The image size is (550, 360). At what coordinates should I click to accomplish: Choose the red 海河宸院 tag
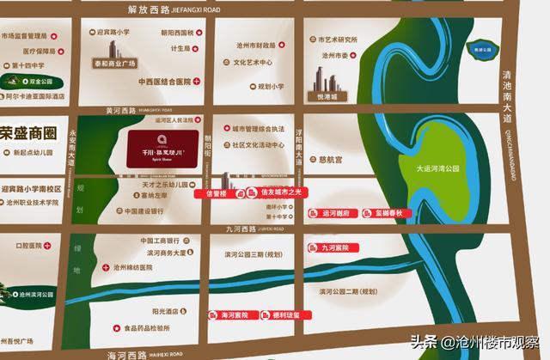[x=230, y=314]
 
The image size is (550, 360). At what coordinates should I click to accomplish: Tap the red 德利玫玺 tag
[x=282, y=314]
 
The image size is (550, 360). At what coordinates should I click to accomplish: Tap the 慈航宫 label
[x=329, y=160]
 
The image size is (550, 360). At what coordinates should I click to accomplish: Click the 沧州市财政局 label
[x=255, y=44]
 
